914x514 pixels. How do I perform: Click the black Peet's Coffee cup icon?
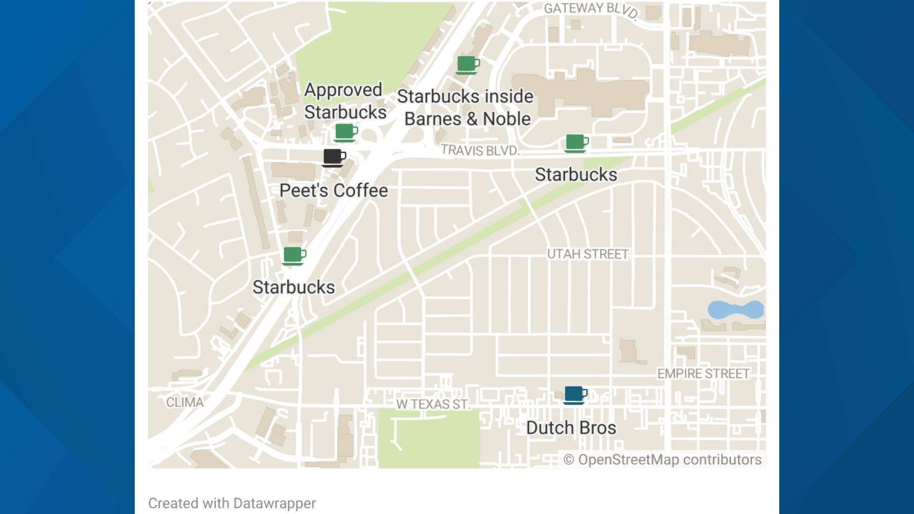(334, 158)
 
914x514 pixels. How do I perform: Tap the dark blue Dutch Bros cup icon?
(575, 395)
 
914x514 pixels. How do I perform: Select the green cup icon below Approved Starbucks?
(346, 132)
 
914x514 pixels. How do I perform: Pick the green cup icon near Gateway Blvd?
(467, 65)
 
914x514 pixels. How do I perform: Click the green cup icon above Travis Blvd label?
(576, 143)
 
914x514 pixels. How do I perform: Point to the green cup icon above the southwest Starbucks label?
(294, 256)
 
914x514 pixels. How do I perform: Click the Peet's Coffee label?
(333, 191)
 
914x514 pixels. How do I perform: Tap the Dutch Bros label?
(571, 428)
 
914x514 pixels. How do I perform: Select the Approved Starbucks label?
(345, 101)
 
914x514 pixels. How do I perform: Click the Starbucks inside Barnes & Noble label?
(466, 108)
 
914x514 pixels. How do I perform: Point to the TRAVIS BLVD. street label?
(480, 150)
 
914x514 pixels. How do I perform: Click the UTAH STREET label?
(587, 254)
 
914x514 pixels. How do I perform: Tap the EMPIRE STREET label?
(703, 374)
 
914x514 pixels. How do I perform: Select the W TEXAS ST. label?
(433, 405)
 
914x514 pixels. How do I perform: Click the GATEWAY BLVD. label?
(591, 9)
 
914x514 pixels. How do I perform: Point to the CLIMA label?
(185, 403)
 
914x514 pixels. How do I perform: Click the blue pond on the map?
(735, 310)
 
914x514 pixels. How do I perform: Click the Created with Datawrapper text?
(232, 503)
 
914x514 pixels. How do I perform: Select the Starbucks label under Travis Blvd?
(576, 175)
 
